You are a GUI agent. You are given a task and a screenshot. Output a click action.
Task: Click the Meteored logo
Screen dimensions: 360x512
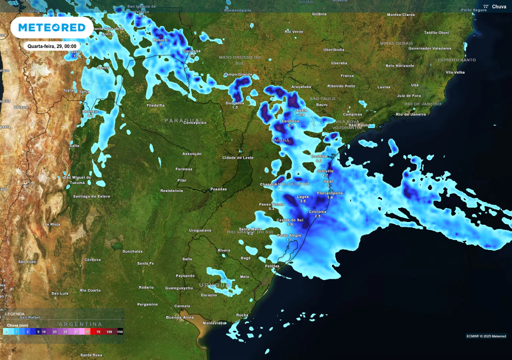click(x=51, y=27)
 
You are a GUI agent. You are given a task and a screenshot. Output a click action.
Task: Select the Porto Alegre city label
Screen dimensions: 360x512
click(x=289, y=235)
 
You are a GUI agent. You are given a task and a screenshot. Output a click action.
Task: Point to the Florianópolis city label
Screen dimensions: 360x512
click(x=329, y=192)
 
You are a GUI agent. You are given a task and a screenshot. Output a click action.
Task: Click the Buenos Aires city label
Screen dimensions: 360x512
click(x=179, y=317)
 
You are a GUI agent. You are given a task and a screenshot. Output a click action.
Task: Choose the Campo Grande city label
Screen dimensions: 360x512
click(x=238, y=74)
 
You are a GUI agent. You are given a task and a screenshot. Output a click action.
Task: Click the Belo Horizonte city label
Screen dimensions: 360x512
click(x=400, y=65)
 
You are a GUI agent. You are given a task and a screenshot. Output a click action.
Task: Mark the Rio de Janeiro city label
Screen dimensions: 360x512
click(x=410, y=114)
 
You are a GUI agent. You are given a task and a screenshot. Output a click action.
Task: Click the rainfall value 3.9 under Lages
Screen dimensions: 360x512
click(x=302, y=201)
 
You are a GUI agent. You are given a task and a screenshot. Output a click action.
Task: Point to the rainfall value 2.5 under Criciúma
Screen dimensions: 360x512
click(x=317, y=216)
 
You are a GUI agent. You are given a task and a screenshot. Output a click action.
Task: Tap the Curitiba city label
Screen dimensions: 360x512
click(x=319, y=156)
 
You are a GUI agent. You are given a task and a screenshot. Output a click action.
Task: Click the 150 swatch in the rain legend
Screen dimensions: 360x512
click(x=119, y=331)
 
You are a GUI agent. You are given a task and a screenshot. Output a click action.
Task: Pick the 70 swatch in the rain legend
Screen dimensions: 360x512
click(x=98, y=331)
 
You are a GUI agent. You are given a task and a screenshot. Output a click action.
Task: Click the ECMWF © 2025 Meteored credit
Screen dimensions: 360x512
click(x=486, y=336)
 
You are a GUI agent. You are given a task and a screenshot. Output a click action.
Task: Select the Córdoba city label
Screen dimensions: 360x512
click(x=92, y=259)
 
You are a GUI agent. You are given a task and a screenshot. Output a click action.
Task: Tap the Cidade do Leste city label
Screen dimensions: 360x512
click(x=238, y=157)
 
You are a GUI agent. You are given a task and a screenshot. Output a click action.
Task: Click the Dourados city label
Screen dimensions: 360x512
click(x=235, y=103)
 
